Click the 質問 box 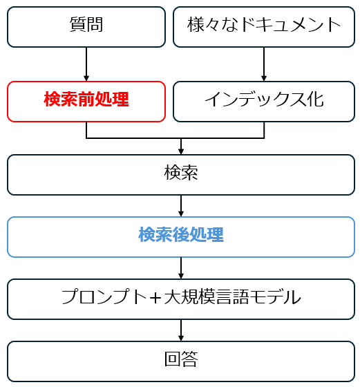pyautogui.click(x=86, y=27)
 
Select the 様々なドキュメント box pyautogui.click(x=264, y=27)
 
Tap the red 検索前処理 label pyautogui.click(x=86, y=100)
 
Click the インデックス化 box pyautogui.click(x=264, y=102)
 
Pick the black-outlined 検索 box pyautogui.click(x=181, y=175)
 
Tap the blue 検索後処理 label pyautogui.click(x=181, y=235)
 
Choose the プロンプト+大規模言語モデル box pyautogui.click(x=181, y=299)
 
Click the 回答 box pyautogui.click(x=181, y=361)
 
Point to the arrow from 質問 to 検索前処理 pyautogui.click(x=86, y=64)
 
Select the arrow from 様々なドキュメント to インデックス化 pyautogui.click(x=264, y=64)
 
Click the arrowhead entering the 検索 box pyautogui.click(x=181, y=151)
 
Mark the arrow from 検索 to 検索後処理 pyautogui.click(x=181, y=206)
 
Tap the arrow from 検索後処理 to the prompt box pyautogui.click(x=181, y=268)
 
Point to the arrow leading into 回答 pyautogui.click(x=181, y=330)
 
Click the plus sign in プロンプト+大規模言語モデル pyautogui.click(x=155, y=297)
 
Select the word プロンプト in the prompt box pyautogui.click(x=104, y=297)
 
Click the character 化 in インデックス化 pyautogui.click(x=315, y=100)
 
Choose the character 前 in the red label pyautogui.click(x=86, y=100)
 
